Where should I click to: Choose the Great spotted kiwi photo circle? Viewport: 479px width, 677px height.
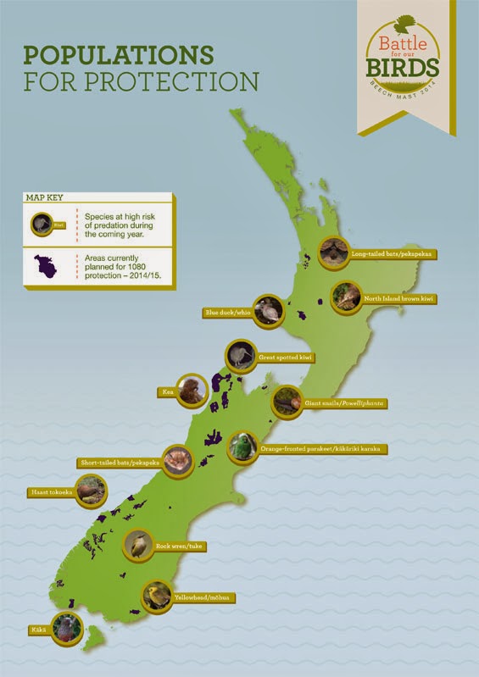(241, 357)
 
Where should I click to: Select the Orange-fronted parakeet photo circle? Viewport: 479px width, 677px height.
(243, 447)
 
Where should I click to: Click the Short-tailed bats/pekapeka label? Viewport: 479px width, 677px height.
(120, 463)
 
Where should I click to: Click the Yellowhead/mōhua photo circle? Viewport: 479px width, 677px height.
(157, 597)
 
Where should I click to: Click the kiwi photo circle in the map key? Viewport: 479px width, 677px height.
(39, 225)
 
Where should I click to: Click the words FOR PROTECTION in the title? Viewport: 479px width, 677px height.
(141, 83)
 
